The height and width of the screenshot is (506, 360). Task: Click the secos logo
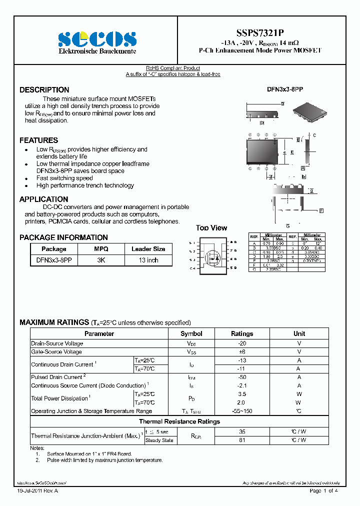coord(97,39)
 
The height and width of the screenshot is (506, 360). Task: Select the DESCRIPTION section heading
coord(44,90)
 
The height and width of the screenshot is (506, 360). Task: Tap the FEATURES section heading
coord(39,140)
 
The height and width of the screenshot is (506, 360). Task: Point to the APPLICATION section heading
coord(44,199)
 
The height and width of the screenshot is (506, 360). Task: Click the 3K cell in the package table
coord(101,260)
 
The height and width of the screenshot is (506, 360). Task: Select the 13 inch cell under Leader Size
coord(148,260)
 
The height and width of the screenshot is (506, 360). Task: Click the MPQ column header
coord(101,249)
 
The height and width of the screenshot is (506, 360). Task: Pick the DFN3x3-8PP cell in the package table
coord(54,260)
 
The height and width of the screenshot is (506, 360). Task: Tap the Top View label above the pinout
coord(211,228)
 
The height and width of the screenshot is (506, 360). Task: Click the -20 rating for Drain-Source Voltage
coord(242,343)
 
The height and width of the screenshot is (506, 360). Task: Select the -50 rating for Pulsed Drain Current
coord(242,377)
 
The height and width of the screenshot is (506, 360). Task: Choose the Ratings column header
coord(242,333)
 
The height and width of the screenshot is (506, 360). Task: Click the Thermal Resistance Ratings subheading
coord(179,421)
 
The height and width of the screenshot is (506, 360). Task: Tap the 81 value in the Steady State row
coord(242,440)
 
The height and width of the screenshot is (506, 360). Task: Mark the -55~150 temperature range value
coord(242,411)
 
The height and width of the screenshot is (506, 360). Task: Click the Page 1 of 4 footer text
coord(324,491)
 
